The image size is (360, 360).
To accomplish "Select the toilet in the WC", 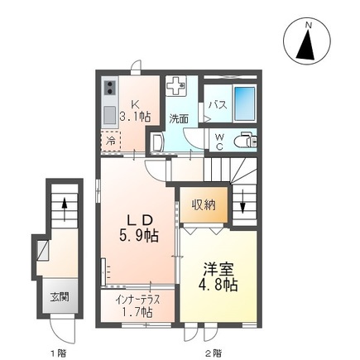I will coord(244,139).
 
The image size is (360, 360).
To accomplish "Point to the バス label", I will coord(218,104).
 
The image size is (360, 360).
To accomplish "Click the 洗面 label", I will coord(179,118).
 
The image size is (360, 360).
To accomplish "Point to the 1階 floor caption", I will coord(58,354).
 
